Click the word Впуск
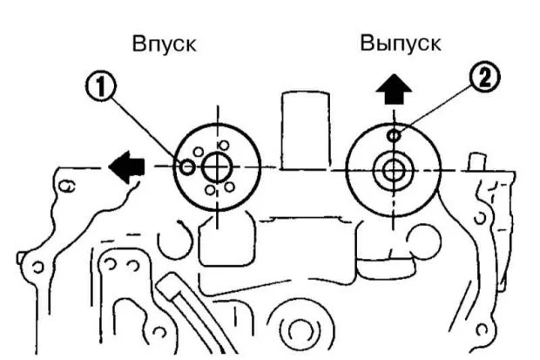point(163,44)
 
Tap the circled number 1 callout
point(102,85)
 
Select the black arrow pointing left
point(126,166)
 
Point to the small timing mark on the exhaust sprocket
point(394,134)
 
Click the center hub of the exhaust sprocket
point(394,169)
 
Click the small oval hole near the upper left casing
point(69,184)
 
